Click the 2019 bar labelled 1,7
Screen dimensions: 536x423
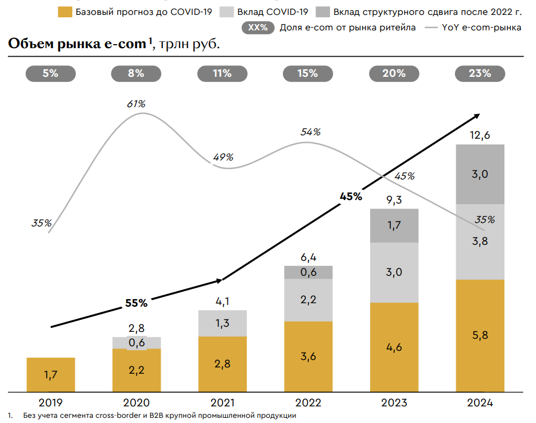51,374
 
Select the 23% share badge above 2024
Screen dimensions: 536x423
480,73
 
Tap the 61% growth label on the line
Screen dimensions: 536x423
136,104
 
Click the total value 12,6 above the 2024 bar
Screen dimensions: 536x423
480,135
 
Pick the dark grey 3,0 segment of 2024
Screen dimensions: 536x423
480,174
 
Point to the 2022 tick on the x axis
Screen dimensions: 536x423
308,403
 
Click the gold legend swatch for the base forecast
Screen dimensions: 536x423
65,12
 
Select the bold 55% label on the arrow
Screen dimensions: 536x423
136,303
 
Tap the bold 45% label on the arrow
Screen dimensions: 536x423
351,196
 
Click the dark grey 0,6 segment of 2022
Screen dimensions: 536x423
308,272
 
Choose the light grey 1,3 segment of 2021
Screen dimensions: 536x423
223,323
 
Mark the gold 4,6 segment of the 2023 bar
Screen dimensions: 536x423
394,347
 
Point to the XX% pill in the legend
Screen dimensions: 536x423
258,28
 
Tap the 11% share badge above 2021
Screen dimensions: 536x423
222,73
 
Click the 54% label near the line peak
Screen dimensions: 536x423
310,132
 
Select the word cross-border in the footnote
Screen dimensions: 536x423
118,416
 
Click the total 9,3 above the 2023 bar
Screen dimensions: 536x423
394,199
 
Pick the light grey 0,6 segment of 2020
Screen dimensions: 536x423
137,343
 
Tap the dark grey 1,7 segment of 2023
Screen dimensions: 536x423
394,225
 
